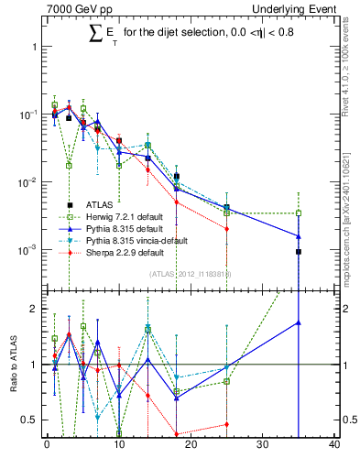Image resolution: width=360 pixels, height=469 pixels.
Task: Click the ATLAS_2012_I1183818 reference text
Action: (191, 273)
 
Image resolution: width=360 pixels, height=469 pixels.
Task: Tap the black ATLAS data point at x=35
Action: (299, 251)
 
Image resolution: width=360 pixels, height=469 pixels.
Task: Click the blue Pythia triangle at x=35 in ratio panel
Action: (299, 322)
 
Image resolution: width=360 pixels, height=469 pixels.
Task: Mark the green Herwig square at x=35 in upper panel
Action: (299, 213)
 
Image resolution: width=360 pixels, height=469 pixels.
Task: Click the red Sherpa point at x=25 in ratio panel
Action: (226, 424)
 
